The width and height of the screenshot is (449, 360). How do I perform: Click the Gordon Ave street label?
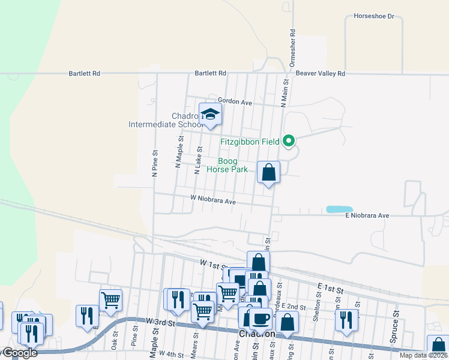(x=235, y=102)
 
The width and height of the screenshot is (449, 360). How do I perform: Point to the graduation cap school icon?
(x=210, y=114)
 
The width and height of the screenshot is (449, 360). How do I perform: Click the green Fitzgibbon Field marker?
(x=289, y=142)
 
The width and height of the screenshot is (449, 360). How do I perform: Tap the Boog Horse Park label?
(x=227, y=166)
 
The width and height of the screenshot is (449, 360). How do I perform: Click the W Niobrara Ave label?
(x=212, y=202)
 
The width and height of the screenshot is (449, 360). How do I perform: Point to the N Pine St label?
(x=155, y=163)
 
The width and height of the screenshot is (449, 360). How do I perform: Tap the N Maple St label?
(x=179, y=151)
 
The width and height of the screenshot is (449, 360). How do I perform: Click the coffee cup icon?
(x=260, y=317)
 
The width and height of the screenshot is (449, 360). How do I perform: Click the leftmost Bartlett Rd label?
(x=84, y=73)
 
